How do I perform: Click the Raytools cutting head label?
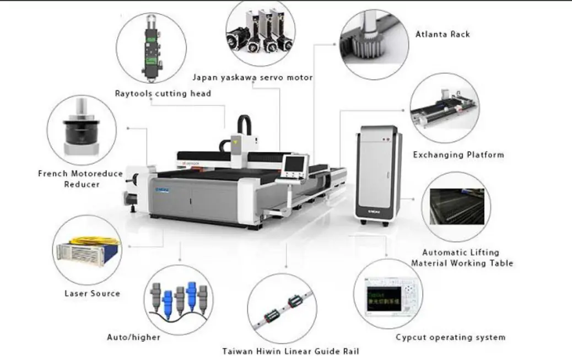[x=163, y=94]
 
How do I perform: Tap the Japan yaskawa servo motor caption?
[x=252, y=78]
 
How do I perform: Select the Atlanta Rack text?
[x=443, y=34]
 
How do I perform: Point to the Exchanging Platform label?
[x=458, y=155]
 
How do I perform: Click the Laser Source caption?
[x=92, y=293]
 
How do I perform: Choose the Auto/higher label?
[x=133, y=337]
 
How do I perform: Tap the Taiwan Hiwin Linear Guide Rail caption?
[x=291, y=351]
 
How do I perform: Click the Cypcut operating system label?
[x=450, y=337]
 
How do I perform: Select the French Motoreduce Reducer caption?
[x=80, y=179]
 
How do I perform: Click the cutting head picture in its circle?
[x=150, y=47]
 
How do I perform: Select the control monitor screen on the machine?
[x=294, y=164]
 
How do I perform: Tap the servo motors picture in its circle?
[x=260, y=33]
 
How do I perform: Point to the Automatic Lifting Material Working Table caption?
[x=462, y=258]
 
